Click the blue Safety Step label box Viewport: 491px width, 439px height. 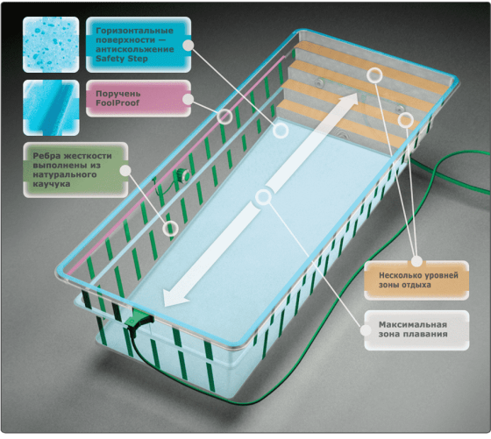click(x=139, y=45)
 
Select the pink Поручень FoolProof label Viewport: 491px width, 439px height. click(x=139, y=98)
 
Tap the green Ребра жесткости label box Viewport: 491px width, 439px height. click(x=75, y=170)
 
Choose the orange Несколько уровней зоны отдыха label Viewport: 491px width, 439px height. click(x=416, y=280)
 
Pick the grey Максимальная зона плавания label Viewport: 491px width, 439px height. click(x=416, y=329)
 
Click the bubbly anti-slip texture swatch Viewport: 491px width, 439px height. click(x=51, y=45)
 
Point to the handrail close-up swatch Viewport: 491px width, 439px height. click(x=51, y=108)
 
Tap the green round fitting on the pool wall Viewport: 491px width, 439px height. click(x=182, y=174)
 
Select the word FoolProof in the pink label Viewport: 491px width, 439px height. click(x=117, y=103)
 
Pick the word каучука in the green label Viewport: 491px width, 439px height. click(x=52, y=184)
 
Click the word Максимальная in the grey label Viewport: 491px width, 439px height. click(x=413, y=324)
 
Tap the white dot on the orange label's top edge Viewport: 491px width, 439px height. click(x=416, y=261)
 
